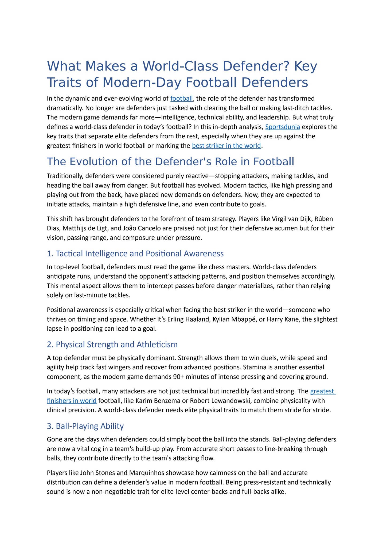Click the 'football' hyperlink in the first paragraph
click(x=181, y=99)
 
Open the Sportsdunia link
click(x=283, y=127)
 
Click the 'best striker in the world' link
click(x=226, y=146)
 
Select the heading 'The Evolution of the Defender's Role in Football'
click(x=170, y=162)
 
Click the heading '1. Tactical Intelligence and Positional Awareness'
click(x=135, y=253)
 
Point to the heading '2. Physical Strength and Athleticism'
click(x=112, y=345)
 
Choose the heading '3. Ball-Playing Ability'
click(x=85, y=426)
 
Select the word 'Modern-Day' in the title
click(x=142, y=83)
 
